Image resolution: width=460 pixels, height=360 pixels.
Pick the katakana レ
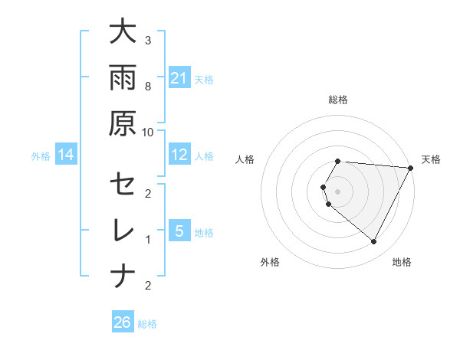pos(123,231)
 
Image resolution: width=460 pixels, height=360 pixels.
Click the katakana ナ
pos(123,277)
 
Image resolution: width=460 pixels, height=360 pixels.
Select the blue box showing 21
pos(179,77)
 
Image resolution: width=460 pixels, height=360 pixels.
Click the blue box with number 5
pos(179,231)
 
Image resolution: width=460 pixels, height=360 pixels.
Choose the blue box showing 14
pos(66,155)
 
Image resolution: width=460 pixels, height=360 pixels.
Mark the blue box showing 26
pos(123,322)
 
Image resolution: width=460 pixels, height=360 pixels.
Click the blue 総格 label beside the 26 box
pos(147,324)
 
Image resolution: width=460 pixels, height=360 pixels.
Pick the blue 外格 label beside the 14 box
pos(41,156)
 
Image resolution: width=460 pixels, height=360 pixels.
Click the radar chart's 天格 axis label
pos(431,159)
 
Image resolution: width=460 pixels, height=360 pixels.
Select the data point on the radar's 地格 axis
pos(373,242)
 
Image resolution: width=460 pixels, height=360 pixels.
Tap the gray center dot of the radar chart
pos(338,191)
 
